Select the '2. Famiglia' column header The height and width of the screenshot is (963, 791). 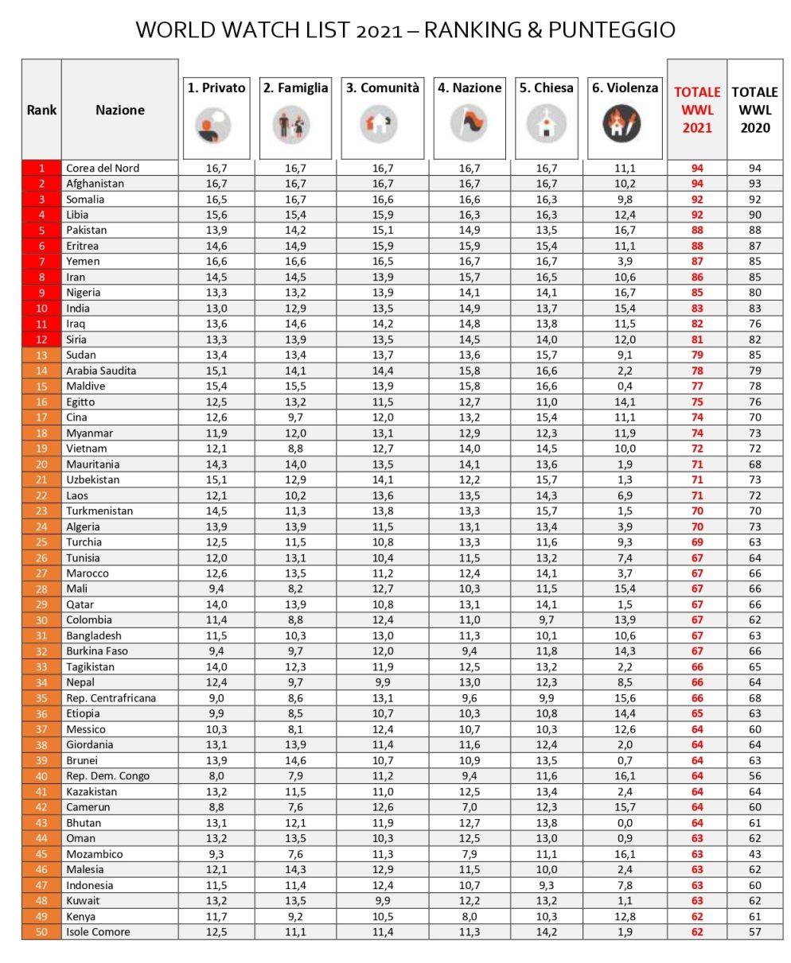[295, 88]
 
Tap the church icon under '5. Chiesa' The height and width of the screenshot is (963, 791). [547, 124]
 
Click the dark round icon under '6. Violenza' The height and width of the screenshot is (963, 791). [621, 124]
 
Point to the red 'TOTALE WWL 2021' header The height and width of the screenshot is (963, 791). [697, 110]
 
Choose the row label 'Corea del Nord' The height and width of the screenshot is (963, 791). [103, 168]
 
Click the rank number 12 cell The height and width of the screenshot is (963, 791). [41, 340]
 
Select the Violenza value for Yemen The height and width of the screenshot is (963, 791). [625, 262]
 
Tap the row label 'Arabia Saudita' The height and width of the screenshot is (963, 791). [101, 371]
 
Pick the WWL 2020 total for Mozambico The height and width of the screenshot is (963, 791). [754, 854]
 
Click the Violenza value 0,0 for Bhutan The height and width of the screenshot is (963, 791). [625, 822]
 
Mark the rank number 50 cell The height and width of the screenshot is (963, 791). [41, 932]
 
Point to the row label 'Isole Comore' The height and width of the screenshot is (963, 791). [98, 932]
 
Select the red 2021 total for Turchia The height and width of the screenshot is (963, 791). [697, 542]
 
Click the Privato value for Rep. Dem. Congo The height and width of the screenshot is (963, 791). [216, 776]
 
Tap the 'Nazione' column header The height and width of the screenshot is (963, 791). [120, 111]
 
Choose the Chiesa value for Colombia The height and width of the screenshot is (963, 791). [547, 619]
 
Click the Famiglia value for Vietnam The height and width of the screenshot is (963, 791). [295, 448]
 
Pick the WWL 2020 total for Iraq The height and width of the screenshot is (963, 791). [754, 324]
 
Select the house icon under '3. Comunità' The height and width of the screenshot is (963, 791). [380, 124]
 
